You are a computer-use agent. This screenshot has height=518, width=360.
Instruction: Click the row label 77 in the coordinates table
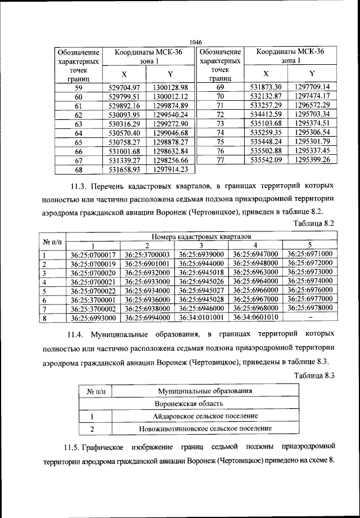coord(220,160)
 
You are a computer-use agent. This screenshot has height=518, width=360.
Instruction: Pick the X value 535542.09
coord(266,160)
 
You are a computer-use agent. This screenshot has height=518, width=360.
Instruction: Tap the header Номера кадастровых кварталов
coord(200,236)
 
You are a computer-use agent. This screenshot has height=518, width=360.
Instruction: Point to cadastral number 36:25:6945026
coord(201,281)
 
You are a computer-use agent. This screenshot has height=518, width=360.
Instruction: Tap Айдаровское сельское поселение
coord(205,416)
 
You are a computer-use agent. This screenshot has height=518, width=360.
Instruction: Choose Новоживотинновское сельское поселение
coord(205,429)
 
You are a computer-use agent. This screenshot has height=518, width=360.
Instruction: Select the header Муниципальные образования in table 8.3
coord(205,391)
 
